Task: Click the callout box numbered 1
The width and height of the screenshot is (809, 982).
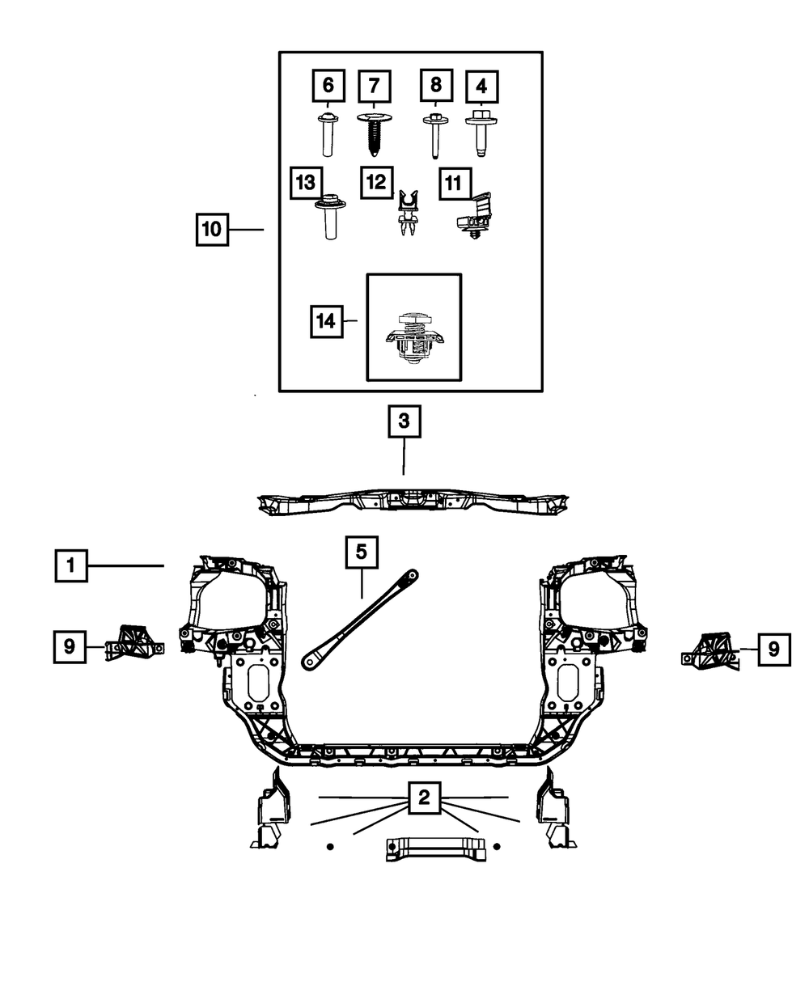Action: [71, 565]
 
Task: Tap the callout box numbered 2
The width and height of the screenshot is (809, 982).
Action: [424, 799]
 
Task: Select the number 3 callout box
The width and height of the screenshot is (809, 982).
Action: [404, 421]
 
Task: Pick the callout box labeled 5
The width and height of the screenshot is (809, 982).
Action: [361, 552]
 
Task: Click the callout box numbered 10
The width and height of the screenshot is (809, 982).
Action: [211, 230]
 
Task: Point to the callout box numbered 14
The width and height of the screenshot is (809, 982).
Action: [325, 321]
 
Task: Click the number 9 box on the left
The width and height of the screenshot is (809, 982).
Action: [70, 646]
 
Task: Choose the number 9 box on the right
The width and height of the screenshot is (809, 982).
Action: [774, 649]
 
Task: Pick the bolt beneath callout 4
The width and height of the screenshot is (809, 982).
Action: [481, 133]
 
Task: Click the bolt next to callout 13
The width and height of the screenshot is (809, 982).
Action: [328, 214]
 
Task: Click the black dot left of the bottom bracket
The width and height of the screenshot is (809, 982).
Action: [330, 846]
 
